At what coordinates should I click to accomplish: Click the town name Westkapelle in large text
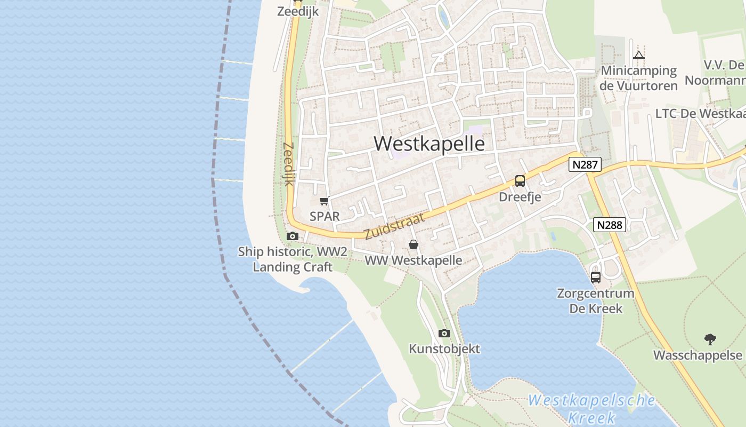pos(429,144)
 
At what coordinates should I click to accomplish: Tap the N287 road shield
pos(585,164)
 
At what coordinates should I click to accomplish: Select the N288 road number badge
pos(610,225)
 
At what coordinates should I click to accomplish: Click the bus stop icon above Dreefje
pos(520,181)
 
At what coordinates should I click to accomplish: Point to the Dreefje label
pos(520,197)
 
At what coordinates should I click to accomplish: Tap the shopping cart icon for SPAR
pos(324,201)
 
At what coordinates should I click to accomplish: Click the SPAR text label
pos(325,217)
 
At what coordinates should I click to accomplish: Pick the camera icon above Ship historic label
pos(292,236)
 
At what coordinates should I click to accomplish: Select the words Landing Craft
pos(293,267)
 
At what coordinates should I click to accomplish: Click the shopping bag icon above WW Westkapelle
pos(413,245)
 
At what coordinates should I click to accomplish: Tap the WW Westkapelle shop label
pos(413,260)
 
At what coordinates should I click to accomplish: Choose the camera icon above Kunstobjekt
pos(444,334)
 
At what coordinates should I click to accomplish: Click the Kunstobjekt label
pos(444,349)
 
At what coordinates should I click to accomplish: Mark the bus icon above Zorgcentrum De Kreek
pos(596,278)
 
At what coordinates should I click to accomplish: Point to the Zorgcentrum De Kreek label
pos(595,301)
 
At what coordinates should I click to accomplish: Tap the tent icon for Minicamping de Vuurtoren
pos(639,55)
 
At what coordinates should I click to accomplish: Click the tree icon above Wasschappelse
pos(710,339)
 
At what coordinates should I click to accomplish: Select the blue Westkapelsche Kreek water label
pos(591,408)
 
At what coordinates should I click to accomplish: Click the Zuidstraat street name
pos(395,226)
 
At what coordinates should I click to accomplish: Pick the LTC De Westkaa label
pos(700,114)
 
